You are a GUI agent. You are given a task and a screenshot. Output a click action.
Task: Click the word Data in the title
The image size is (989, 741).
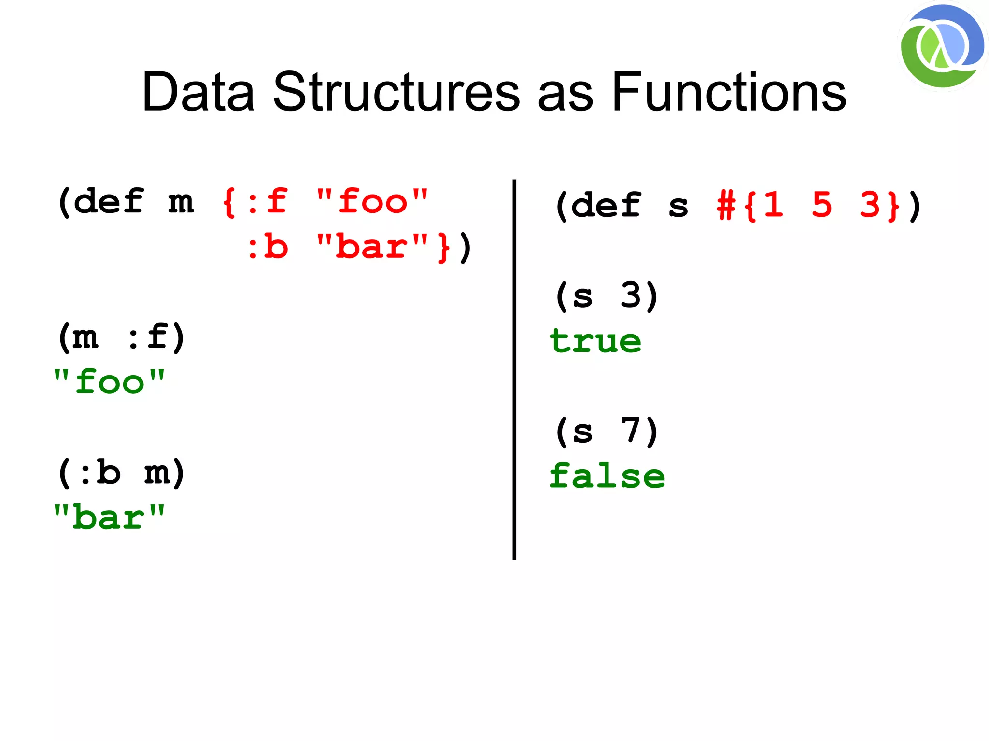click(198, 92)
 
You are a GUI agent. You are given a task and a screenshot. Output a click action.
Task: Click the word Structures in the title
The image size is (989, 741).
click(396, 92)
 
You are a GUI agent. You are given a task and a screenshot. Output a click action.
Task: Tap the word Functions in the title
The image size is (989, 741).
click(729, 92)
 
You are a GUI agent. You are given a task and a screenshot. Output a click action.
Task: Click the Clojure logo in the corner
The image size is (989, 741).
click(942, 46)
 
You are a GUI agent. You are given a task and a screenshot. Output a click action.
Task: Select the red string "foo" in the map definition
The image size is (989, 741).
click(372, 201)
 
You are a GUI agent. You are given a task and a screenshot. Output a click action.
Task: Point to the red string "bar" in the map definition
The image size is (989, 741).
click(372, 247)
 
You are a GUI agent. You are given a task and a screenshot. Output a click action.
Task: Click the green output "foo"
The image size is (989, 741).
click(109, 382)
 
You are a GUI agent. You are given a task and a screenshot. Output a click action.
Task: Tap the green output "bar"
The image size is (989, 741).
click(109, 517)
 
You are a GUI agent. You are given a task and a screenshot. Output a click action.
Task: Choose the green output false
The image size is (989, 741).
click(607, 476)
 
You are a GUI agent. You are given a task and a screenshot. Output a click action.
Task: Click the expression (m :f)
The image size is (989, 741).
click(121, 337)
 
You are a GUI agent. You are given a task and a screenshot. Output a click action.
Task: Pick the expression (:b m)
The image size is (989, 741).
click(121, 473)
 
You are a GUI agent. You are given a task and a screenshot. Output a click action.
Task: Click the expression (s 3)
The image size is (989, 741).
click(607, 295)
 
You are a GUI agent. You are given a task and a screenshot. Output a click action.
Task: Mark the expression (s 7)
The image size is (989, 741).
click(607, 431)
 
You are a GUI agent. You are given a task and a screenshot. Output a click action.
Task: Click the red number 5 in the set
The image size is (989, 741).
click(822, 205)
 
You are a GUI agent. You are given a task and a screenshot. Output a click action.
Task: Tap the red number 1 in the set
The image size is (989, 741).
click(774, 205)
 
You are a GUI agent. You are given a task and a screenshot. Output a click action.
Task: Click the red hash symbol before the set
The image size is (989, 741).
click(726, 205)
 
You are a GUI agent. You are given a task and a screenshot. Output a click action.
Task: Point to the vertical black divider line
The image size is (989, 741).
click(514, 369)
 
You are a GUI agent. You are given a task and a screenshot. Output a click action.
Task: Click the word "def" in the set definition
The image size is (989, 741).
click(607, 205)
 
